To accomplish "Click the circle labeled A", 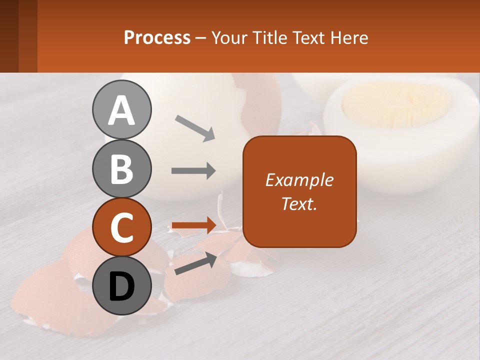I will coord(121,110).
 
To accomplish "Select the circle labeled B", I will coord(121,169).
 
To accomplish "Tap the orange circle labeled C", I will coord(121,227).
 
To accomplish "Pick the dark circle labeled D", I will coord(121,286).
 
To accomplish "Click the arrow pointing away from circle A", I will coord(195,128).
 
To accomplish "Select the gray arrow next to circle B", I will coord(193,171).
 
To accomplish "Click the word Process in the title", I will coord(157,37).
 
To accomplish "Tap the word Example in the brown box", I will coord(299,180).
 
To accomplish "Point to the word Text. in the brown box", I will coord(299,203).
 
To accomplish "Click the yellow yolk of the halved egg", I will coord(395,105).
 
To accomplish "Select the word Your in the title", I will coord(229,37).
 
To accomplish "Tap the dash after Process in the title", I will coord(201,38).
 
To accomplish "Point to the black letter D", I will coord(121,287).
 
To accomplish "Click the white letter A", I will coord(121,110).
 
